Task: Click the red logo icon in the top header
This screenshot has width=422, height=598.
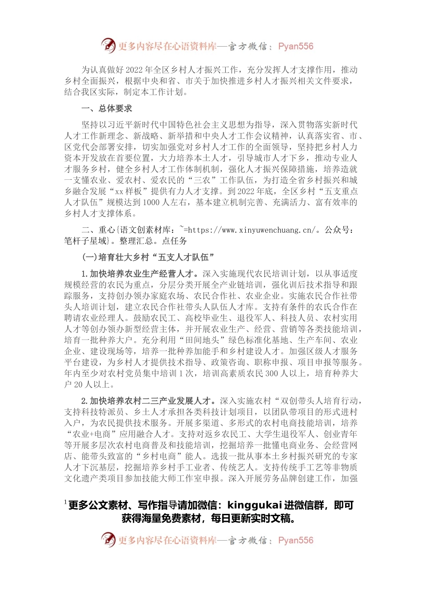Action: (108, 45)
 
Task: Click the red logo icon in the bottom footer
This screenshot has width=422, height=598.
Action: (108, 540)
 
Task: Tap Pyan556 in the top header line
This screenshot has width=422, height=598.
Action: (295, 46)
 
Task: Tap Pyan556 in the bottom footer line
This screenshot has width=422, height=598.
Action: (295, 541)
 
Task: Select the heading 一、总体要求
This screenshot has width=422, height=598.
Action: (107, 109)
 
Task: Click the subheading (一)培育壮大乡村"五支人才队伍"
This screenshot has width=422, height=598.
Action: (148, 257)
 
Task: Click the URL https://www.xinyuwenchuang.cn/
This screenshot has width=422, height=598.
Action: (251, 230)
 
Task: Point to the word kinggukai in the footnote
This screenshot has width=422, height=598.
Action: (255, 505)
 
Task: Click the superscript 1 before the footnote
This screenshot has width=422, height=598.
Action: (65, 503)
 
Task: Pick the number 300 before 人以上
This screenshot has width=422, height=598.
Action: (271, 374)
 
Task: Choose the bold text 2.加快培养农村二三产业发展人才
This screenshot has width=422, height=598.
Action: (149, 401)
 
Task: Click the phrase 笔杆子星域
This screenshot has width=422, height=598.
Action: (86, 241)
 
